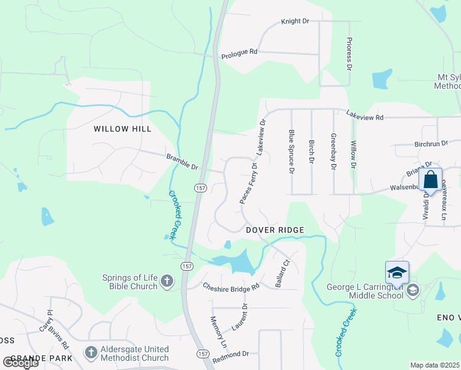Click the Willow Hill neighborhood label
(x=122, y=129)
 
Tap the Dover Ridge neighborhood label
(x=275, y=230)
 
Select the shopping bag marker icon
(x=430, y=180)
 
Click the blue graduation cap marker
(x=397, y=272)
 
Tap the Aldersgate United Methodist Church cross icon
(x=91, y=353)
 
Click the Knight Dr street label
(x=295, y=21)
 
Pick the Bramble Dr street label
(x=182, y=162)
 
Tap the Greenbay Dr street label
(x=333, y=151)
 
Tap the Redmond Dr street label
(x=230, y=354)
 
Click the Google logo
(x=20, y=363)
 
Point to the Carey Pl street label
(x=44, y=321)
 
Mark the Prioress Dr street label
(x=349, y=53)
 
